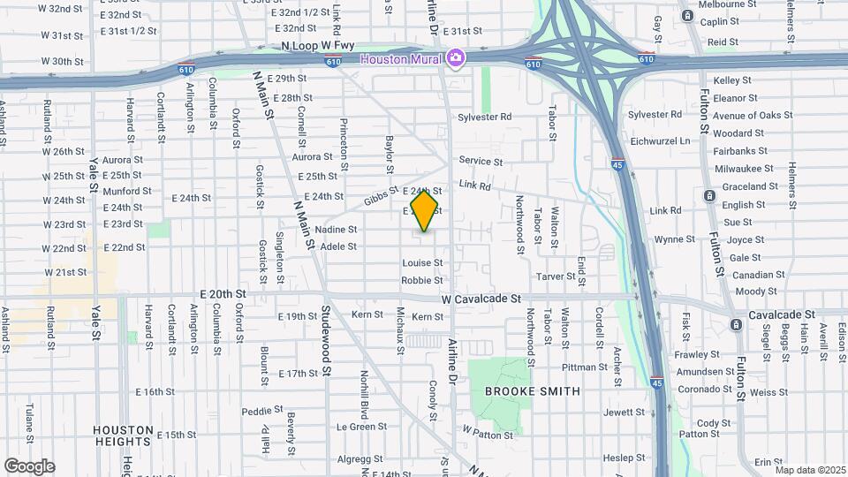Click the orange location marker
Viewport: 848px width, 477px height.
[x=425, y=210]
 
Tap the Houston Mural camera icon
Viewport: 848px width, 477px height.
[x=456, y=58]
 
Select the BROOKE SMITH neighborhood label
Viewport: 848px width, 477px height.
[x=532, y=390]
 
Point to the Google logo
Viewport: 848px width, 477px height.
[x=29, y=466]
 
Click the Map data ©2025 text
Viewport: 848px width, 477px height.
[x=809, y=470]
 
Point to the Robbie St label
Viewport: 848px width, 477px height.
[x=422, y=280]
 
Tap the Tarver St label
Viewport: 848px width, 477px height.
[x=556, y=276]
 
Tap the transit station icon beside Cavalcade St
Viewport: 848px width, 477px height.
[x=736, y=325]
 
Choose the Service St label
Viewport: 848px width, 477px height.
[x=481, y=162]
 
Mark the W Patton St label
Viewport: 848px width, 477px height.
[x=488, y=435]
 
